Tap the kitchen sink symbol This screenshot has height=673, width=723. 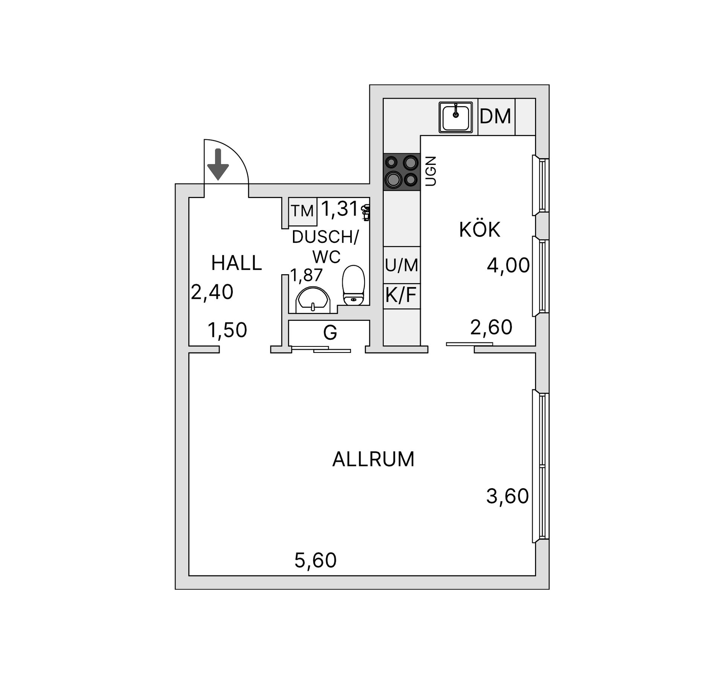(456, 117)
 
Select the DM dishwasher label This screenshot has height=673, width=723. (495, 116)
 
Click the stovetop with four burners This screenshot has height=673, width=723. (401, 171)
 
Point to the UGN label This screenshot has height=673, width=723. (430, 171)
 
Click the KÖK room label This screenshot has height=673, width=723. (480, 230)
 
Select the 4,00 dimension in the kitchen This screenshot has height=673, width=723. (508, 266)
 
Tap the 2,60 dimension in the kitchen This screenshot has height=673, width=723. (491, 327)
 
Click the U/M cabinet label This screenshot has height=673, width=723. (401, 265)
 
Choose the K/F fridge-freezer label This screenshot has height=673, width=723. (401, 295)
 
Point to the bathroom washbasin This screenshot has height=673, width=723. (313, 301)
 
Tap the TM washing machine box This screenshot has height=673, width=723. (302, 211)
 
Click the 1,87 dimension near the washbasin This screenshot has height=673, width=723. (306, 275)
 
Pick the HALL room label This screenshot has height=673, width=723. (236, 263)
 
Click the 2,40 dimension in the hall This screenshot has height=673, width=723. (212, 292)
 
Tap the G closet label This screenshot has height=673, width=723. (330, 333)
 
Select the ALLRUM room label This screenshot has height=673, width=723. (373, 459)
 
